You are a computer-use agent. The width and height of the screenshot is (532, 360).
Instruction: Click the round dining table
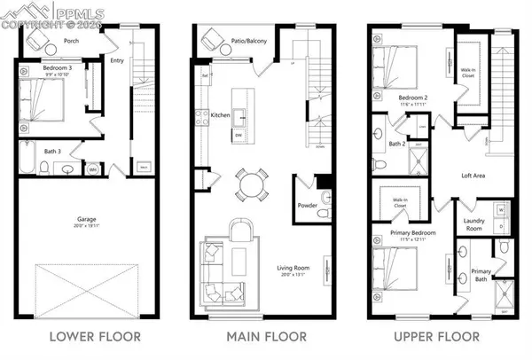click(254, 186)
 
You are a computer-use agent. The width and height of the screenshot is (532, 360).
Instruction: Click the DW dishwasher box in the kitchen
click(239, 134)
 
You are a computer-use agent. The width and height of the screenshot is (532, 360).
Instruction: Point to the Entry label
click(117, 61)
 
